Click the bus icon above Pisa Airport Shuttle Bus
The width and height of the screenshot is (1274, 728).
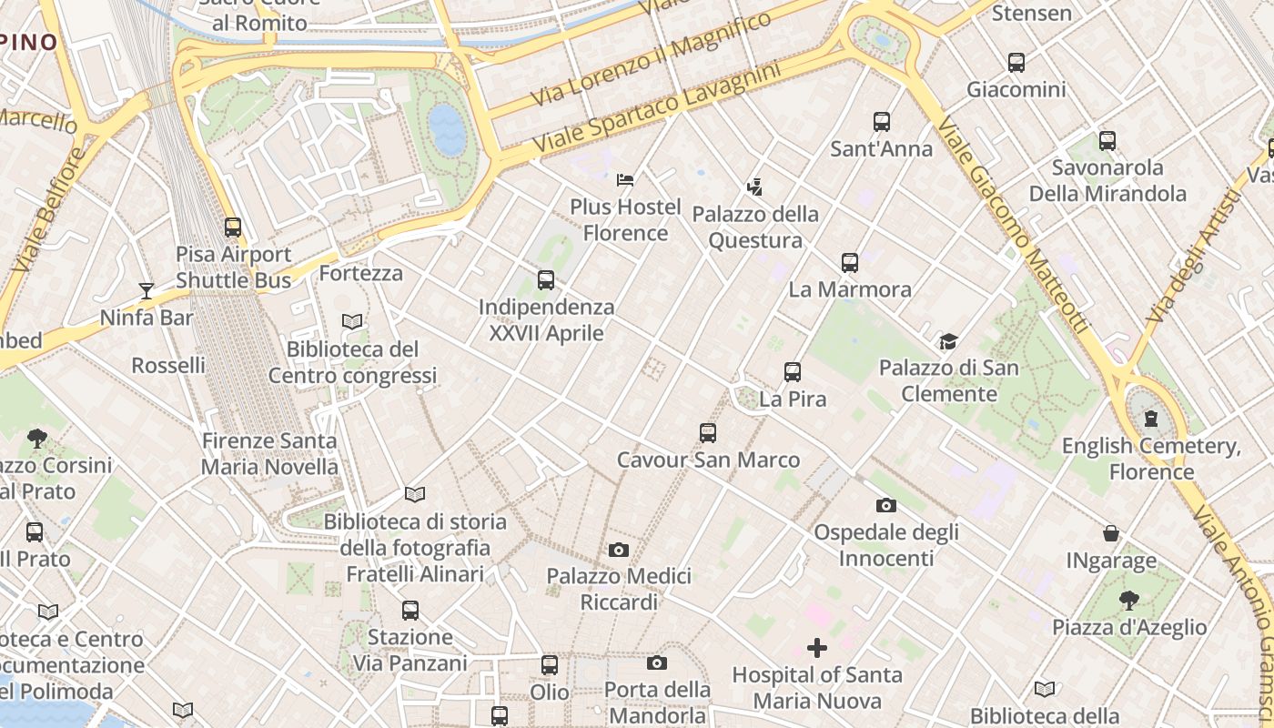(x=233, y=227)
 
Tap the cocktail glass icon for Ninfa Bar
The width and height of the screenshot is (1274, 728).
(x=146, y=291)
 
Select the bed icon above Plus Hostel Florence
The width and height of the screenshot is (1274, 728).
(x=625, y=180)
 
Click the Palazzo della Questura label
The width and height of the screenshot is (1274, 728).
(x=755, y=227)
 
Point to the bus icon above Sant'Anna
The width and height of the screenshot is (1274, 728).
(x=881, y=122)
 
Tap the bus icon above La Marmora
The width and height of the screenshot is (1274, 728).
(x=850, y=263)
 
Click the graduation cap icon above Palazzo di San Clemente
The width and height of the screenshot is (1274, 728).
(x=948, y=342)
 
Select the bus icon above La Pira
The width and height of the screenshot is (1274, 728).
(x=793, y=372)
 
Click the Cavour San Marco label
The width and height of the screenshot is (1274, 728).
(x=708, y=460)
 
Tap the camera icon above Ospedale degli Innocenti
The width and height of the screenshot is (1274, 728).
(x=885, y=506)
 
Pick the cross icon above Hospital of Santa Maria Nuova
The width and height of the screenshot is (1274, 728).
(x=817, y=648)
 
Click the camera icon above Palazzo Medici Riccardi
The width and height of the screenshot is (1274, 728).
(x=619, y=550)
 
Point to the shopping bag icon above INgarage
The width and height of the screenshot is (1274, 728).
(x=1111, y=533)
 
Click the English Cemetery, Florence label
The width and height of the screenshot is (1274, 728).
(x=1151, y=459)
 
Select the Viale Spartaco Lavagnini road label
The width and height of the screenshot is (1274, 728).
(x=657, y=107)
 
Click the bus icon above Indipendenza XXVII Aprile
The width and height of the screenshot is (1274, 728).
(x=546, y=280)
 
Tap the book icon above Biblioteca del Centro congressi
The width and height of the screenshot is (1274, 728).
(x=352, y=322)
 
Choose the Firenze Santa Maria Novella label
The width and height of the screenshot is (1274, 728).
(x=269, y=454)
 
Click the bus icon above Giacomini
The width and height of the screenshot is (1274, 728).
(x=1016, y=63)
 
